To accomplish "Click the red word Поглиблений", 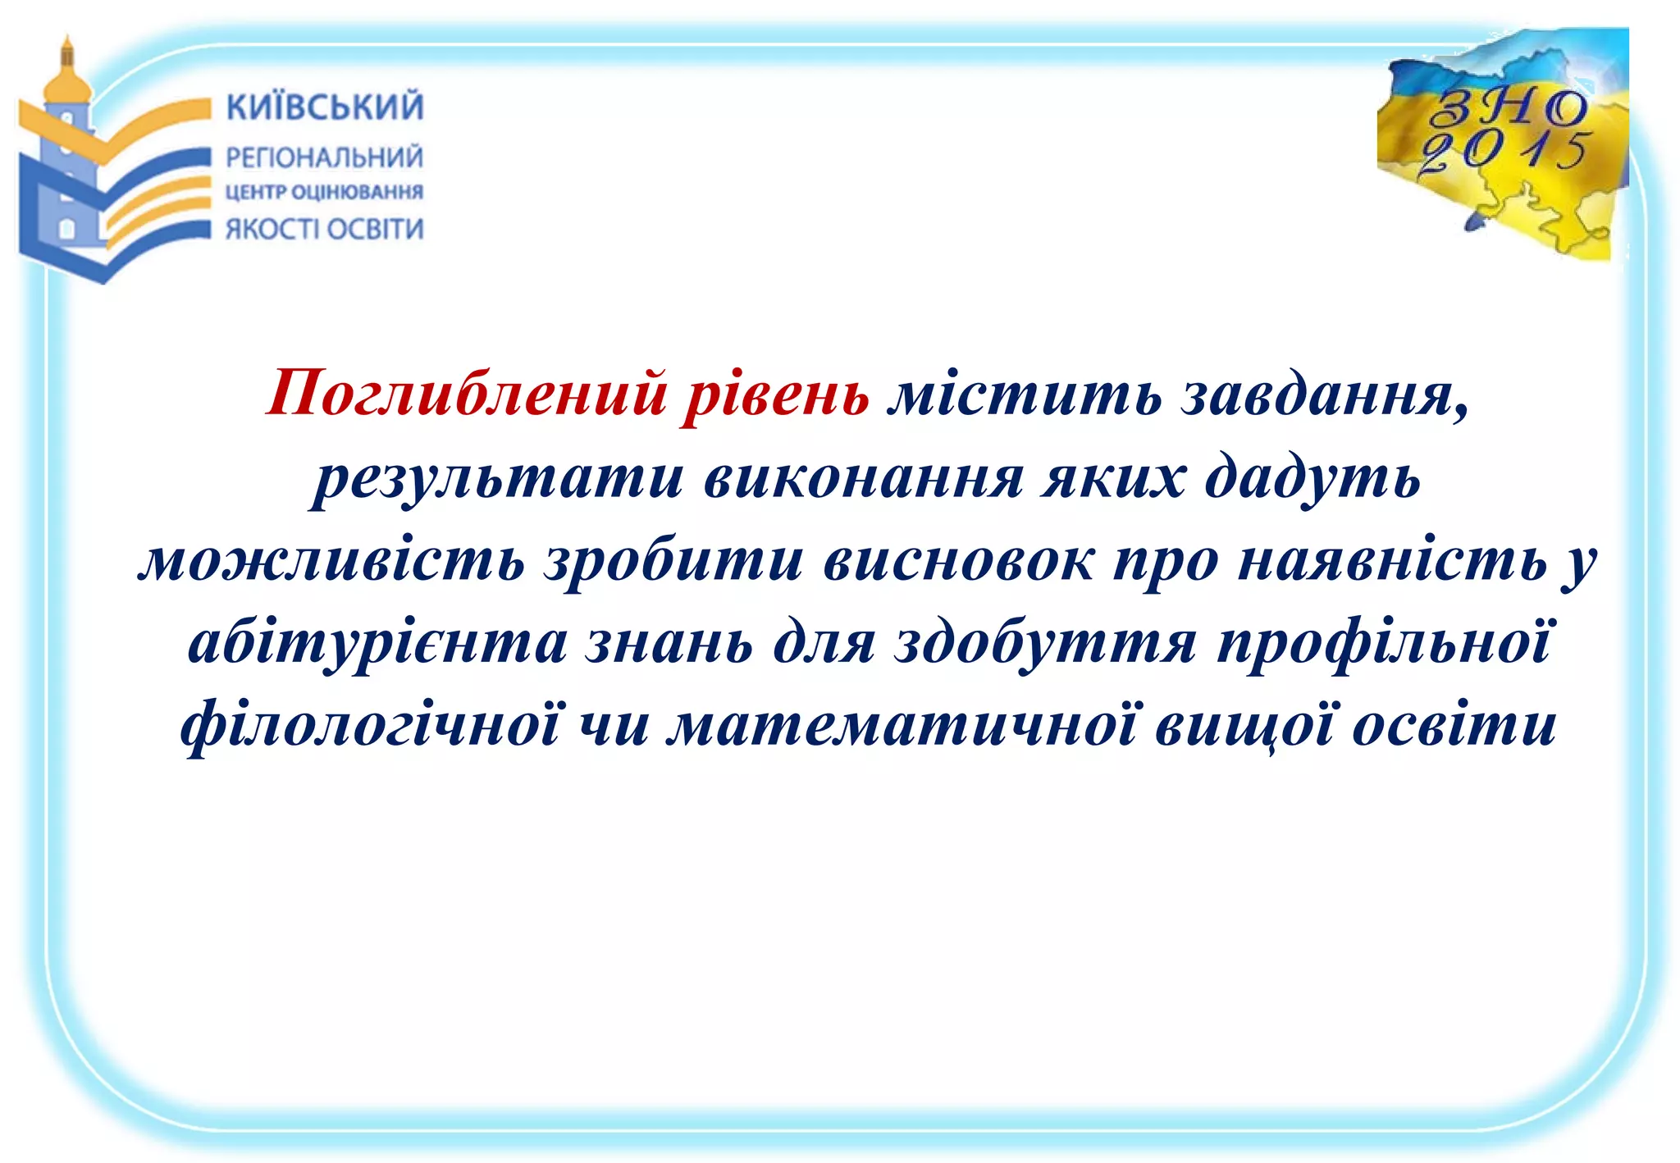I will click(467, 395).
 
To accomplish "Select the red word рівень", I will click(775, 395).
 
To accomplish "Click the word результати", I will click(497, 478).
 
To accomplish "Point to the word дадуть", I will click(1312, 478).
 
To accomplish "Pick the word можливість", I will click(331, 562).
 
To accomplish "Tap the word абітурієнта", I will click(377, 643).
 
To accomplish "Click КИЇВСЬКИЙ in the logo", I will click(325, 107).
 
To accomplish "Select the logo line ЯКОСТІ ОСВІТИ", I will click(325, 229).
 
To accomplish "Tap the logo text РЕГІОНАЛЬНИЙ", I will click(325, 157).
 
